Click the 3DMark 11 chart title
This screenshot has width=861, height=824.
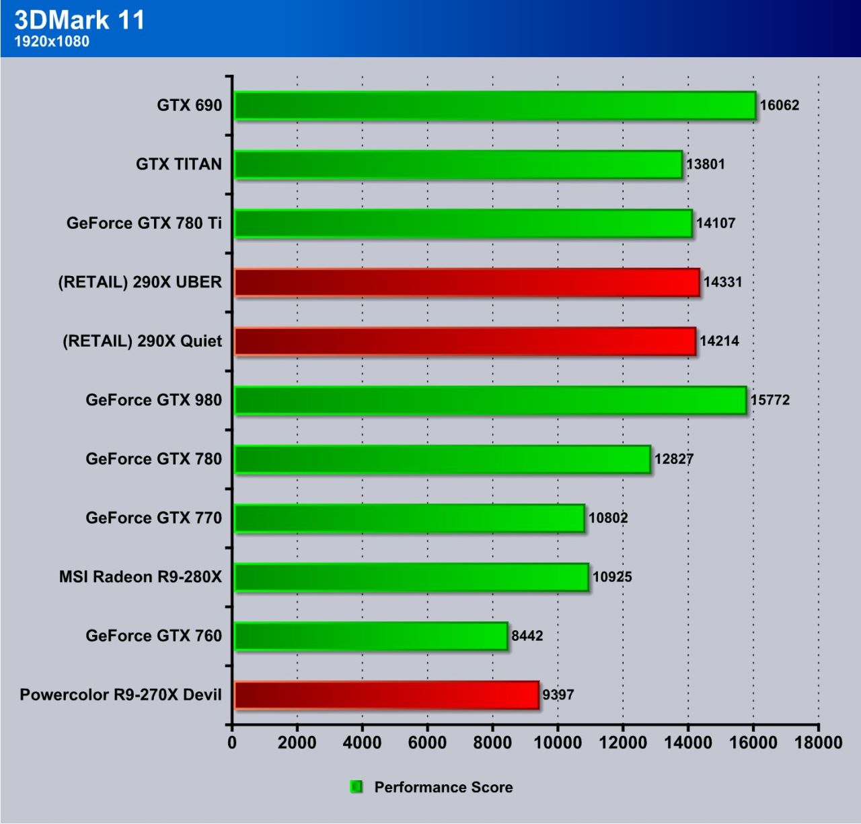[79, 20]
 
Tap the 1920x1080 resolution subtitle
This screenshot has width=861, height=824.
[52, 42]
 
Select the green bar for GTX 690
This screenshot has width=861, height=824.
[494, 106]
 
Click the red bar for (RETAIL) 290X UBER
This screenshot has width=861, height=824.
[466, 283]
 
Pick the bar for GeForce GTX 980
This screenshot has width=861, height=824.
[490, 401]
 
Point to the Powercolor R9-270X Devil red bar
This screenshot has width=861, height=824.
[386, 695]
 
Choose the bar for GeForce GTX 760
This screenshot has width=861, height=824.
[371, 636]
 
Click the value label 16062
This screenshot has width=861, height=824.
[779, 105]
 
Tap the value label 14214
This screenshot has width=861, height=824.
[719, 341]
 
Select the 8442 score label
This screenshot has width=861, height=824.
[527, 636]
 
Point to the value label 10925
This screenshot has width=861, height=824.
[612, 577]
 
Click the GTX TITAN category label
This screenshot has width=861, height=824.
[178, 164]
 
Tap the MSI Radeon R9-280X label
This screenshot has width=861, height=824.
[140, 577]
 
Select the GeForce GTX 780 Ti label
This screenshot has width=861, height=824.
[144, 224]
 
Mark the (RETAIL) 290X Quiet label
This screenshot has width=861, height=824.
[142, 341]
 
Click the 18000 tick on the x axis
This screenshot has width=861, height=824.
[818, 743]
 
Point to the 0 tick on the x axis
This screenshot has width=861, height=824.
[232, 743]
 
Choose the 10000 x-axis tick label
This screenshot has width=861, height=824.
[558, 743]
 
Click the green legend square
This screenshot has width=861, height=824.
[357, 787]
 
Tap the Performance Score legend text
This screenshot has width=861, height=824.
[443, 788]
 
